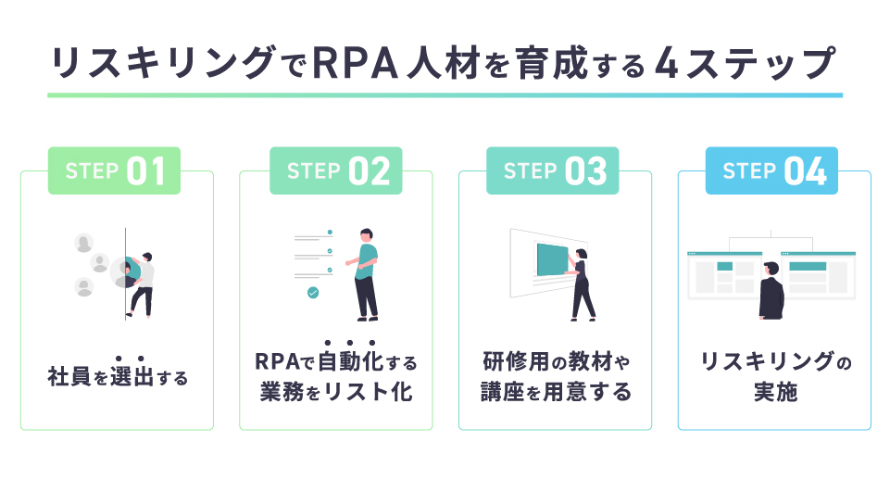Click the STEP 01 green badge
tap(114, 170)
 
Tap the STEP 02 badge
tap(336, 170)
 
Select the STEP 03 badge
tap(552, 170)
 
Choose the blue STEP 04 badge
tap(771, 170)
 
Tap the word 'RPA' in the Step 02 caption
tap(276, 361)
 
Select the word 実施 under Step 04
tap(775, 392)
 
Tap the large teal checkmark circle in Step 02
tap(313, 292)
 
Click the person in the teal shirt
tap(364, 274)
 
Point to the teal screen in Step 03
tap(552, 260)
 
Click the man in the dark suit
tap(771, 290)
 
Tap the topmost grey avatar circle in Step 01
tap(84, 243)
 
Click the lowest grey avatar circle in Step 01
tap(84, 287)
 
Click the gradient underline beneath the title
tap(445, 95)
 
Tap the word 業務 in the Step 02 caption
tap(282, 392)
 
